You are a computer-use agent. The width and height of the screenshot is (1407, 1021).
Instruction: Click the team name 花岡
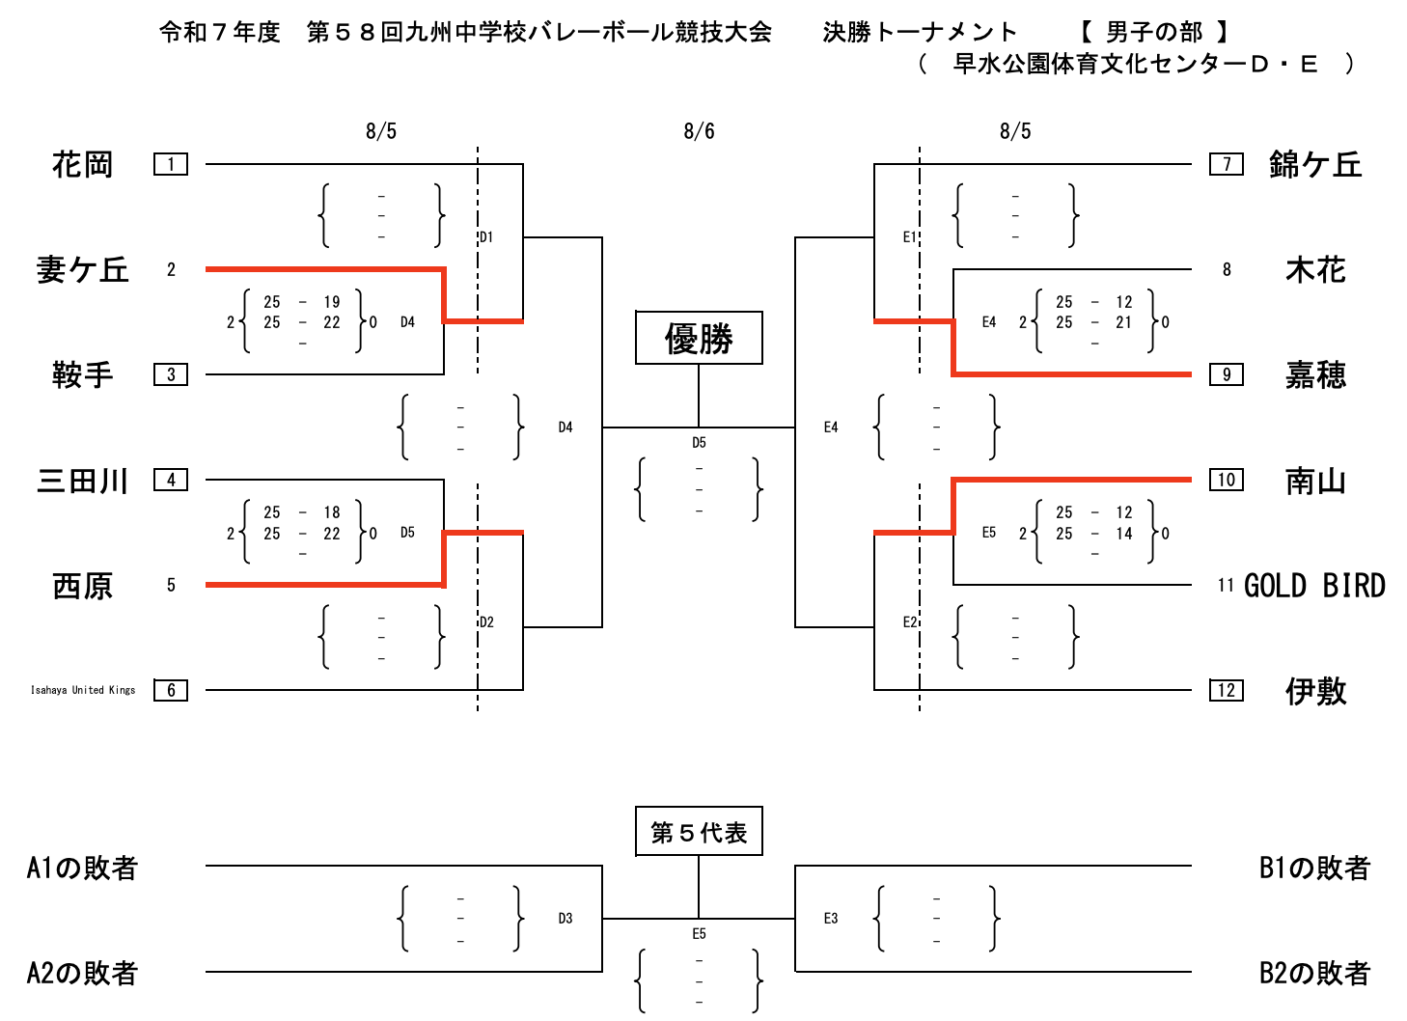[82, 165]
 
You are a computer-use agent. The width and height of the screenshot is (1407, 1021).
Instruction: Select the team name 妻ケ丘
[82, 270]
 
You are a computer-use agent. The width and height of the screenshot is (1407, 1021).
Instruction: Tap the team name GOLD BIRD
[1314, 586]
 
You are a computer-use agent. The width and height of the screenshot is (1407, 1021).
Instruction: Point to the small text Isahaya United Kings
[83, 690]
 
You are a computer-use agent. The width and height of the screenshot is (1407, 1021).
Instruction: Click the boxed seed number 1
[171, 164]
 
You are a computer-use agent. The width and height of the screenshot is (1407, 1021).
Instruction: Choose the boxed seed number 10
[1226, 480]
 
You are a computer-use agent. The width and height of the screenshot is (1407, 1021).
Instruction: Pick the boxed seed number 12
[1226, 690]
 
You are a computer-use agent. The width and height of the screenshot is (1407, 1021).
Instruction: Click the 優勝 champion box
[699, 338]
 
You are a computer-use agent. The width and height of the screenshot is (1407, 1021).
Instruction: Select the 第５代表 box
[699, 832]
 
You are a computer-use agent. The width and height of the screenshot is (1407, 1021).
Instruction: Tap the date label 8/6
[699, 131]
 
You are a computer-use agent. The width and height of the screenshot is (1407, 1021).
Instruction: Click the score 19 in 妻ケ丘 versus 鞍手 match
[332, 302]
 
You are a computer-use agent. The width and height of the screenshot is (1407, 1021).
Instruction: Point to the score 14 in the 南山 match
[1124, 534]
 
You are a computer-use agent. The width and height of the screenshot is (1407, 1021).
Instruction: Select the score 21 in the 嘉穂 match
[1124, 322]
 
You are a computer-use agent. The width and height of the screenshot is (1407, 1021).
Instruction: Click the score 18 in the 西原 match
[332, 512]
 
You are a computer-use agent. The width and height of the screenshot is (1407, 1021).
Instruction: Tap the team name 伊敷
[1315, 691]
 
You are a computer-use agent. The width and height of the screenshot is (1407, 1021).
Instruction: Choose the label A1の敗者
[82, 869]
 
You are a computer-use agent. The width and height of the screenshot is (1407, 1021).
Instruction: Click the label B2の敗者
[1314, 973]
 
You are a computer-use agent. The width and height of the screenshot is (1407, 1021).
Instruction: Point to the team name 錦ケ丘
[1314, 165]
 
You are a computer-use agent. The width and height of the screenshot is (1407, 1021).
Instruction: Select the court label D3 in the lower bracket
[566, 919]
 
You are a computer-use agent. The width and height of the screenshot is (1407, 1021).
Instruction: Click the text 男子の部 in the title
[1154, 33]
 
